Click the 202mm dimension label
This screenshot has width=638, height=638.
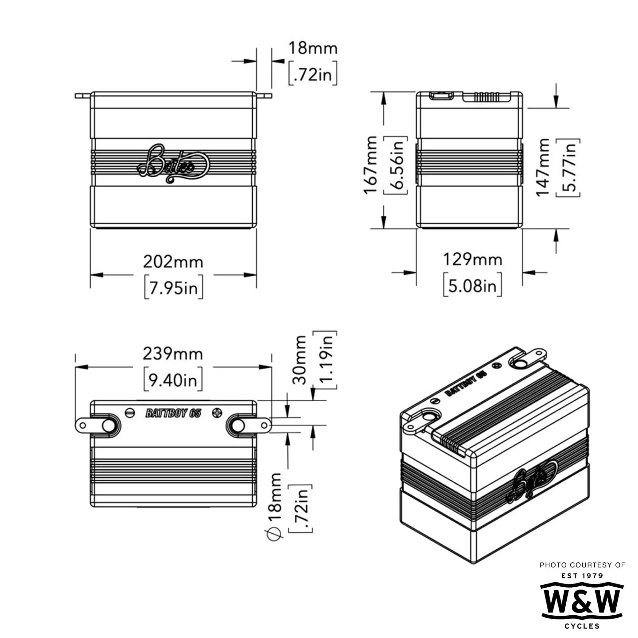tap(173, 263)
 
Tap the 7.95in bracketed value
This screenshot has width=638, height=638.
tap(173, 288)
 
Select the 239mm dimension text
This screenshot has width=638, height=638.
tap(173, 354)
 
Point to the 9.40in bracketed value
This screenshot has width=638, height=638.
tap(173, 381)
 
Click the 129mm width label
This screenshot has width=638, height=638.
tap(472, 260)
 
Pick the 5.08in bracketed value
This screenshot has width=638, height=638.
tap(472, 285)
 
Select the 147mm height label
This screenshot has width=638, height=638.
tap(543, 167)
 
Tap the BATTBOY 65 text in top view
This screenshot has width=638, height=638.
tap(173, 413)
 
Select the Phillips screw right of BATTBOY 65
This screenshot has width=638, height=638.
tap(217, 413)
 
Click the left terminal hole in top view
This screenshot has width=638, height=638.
tap(108, 426)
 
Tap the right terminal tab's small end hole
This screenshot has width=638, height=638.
tap(264, 426)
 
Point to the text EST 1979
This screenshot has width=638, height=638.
tap(582, 576)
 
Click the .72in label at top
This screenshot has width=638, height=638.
tap(312, 74)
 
